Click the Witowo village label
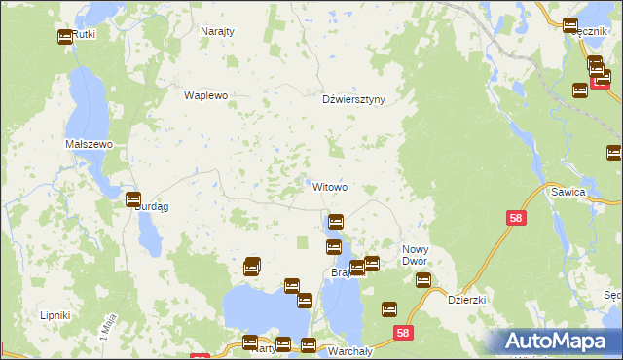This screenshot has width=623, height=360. pyautogui.click(x=330, y=186)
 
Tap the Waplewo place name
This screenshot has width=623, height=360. pyautogui.click(x=205, y=95)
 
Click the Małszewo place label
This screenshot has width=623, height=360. pyautogui.click(x=90, y=144)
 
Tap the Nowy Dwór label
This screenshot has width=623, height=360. pyautogui.click(x=422, y=256)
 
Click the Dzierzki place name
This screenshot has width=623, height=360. pyautogui.click(x=466, y=301)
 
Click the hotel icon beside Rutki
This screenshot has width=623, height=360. pyautogui.click(x=65, y=37)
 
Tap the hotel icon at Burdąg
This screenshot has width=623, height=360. pyautogui.click(x=133, y=199)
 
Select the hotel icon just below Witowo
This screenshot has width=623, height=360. pyautogui.click(x=336, y=222)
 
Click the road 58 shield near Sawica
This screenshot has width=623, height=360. pyautogui.click(x=516, y=219)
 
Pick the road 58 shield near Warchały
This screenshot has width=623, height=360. pyautogui.click(x=404, y=333)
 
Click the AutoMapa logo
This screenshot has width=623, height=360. pyautogui.click(x=560, y=341)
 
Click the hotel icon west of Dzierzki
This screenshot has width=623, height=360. pyautogui.click(x=423, y=280)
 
